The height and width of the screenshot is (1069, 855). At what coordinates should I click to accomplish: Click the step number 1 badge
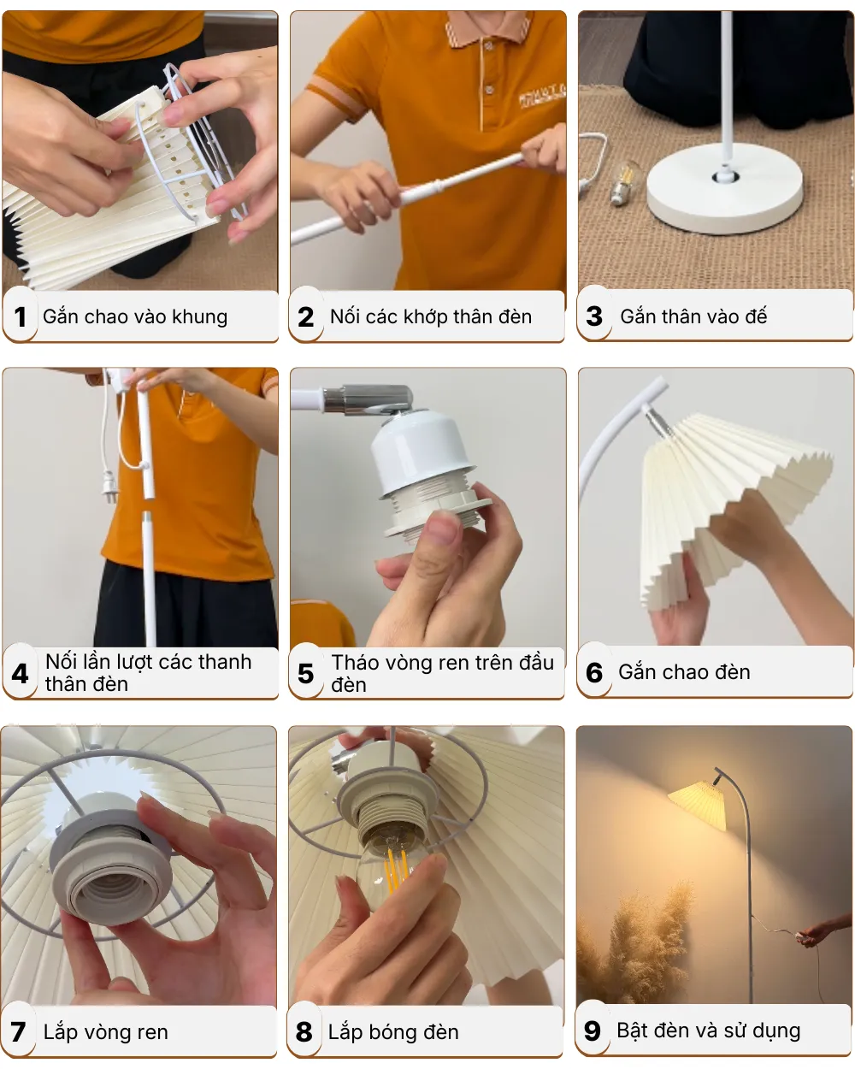click(x=21, y=317)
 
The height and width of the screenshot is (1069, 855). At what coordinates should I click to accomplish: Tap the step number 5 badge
click(x=306, y=674)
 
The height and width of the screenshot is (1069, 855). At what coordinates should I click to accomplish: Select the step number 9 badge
click(x=593, y=1031)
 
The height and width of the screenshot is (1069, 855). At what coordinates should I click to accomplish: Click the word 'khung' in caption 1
click(x=200, y=316)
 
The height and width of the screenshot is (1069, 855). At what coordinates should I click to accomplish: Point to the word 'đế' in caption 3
click(x=756, y=316)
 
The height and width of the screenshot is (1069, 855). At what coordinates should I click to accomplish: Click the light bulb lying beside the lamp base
click(x=625, y=182)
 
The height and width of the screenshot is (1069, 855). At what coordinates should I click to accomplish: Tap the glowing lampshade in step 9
click(x=698, y=805)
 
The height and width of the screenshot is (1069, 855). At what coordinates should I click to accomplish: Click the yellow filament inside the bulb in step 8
click(x=396, y=868)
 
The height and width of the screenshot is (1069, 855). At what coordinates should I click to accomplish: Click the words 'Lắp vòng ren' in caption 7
click(x=105, y=1032)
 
